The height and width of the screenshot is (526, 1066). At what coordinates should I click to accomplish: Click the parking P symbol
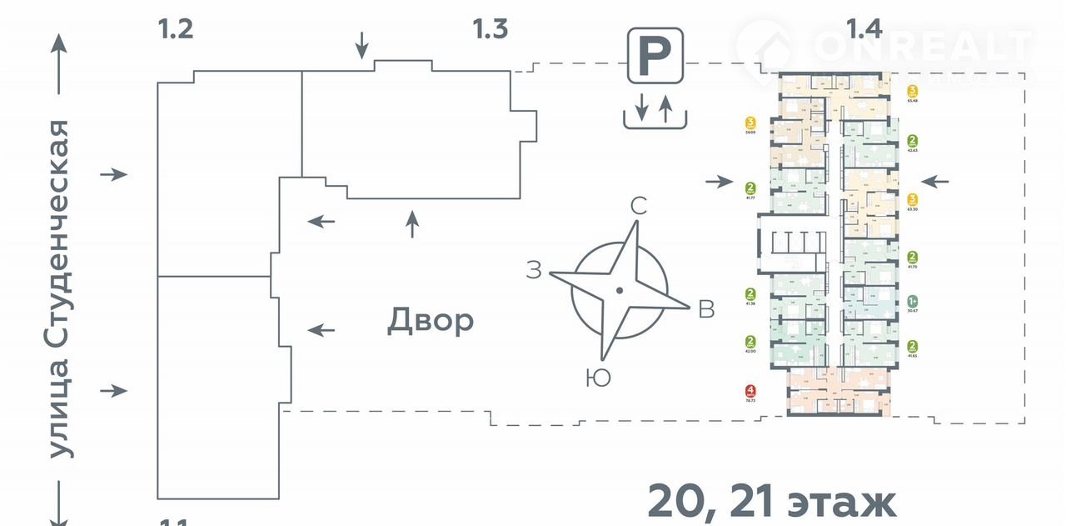click(x=655, y=55)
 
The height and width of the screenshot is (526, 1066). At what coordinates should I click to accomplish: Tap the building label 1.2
click(x=176, y=30)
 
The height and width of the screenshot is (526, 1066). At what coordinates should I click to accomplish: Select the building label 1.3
click(x=490, y=30)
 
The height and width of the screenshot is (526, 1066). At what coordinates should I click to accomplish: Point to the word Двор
click(x=431, y=320)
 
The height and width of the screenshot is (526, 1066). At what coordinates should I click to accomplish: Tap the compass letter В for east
click(x=706, y=309)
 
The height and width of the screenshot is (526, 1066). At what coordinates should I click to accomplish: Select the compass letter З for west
click(x=534, y=269)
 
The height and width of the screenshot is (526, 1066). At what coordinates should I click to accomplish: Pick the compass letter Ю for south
click(x=597, y=378)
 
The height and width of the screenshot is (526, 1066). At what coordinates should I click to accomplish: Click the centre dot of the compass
click(x=619, y=290)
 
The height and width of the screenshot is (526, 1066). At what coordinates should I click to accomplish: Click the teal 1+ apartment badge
click(x=913, y=301)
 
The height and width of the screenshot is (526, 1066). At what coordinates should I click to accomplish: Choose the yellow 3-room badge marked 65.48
click(x=913, y=91)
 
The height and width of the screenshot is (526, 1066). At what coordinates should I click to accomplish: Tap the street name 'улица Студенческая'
click(x=58, y=288)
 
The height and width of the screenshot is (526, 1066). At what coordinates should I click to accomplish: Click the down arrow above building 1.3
click(x=361, y=45)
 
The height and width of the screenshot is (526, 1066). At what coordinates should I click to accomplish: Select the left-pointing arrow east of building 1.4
click(x=935, y=181)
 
